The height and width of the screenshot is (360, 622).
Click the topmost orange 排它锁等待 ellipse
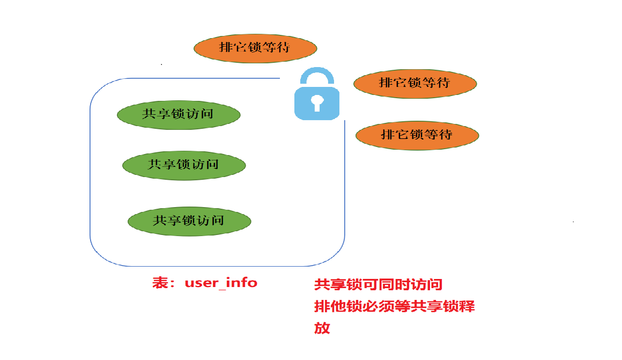tap(255, 48)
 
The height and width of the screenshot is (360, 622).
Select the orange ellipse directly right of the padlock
tap(415, 83)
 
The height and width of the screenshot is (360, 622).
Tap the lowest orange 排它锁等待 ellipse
tap(417, 135)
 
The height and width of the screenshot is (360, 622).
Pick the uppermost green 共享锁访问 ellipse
tap(179, 114)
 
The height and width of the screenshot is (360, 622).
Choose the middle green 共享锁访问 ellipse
tap(184, 165)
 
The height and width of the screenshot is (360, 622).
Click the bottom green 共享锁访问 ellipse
tap(189, 221)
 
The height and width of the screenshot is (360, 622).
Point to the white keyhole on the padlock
tap(317, 102)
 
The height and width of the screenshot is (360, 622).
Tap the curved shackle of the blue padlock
tap(317, 75)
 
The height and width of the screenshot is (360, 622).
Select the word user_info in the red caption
tap(221, 283)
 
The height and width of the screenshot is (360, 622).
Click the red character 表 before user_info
tap(160, 283)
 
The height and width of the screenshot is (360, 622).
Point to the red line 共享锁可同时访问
tap(378, 285)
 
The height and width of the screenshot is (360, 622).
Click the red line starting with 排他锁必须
tap(394, 307)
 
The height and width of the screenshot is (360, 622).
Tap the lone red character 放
tap(322, 328)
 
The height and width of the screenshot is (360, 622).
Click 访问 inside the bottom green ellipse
tap(211, 221)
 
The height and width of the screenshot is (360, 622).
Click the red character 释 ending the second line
tap(466, 307)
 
